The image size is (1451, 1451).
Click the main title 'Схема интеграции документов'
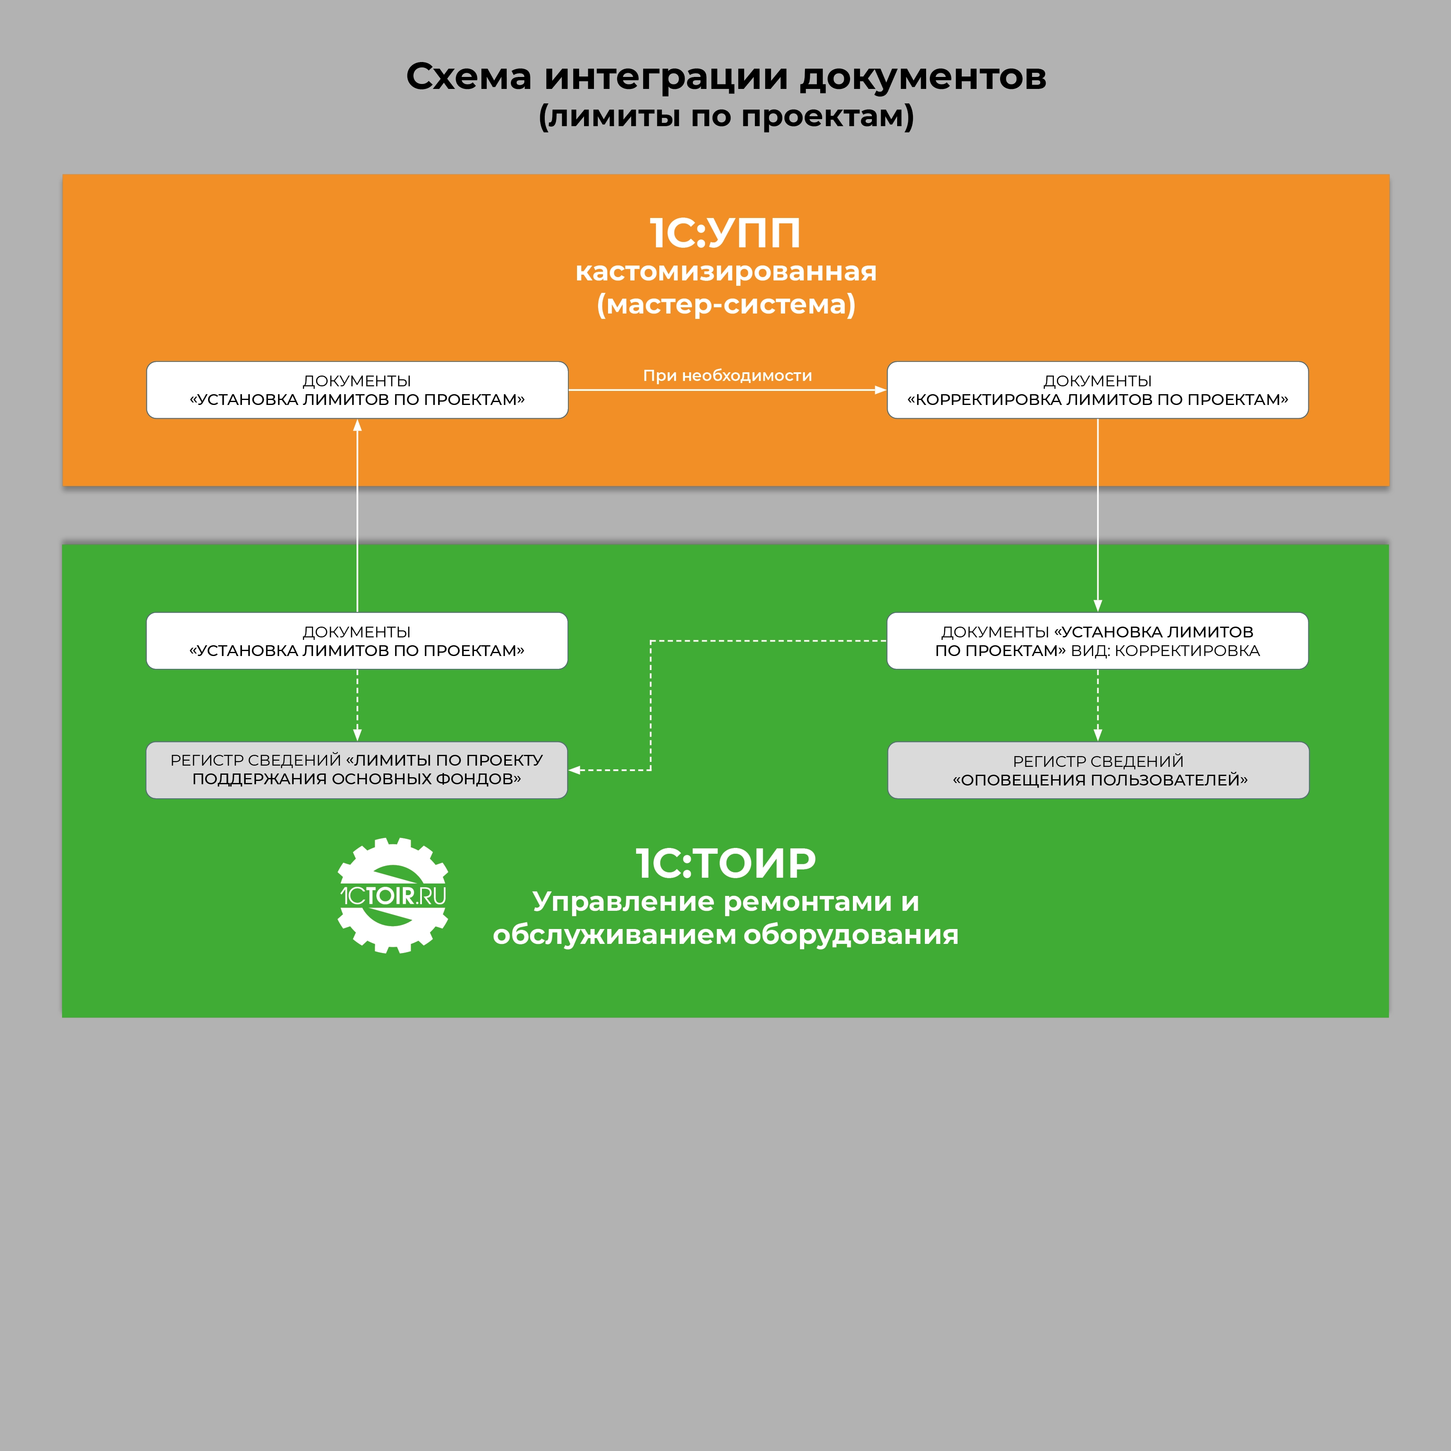click(725, 77)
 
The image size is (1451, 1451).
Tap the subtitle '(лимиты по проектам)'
click(725, 116)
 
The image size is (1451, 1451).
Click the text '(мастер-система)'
click(725, 304)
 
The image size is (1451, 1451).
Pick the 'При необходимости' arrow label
click(727, 376)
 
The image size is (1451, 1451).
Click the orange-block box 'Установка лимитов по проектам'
click(357, 390)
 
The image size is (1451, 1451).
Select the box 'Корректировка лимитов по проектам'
click(1097, 390)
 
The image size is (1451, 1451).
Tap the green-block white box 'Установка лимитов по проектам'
click(357, 641)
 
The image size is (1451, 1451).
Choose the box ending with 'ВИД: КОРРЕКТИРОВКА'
click(1097, 641)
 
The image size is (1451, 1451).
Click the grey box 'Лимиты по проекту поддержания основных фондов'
click(357, 770)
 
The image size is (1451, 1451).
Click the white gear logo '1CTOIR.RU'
click(393, 895)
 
